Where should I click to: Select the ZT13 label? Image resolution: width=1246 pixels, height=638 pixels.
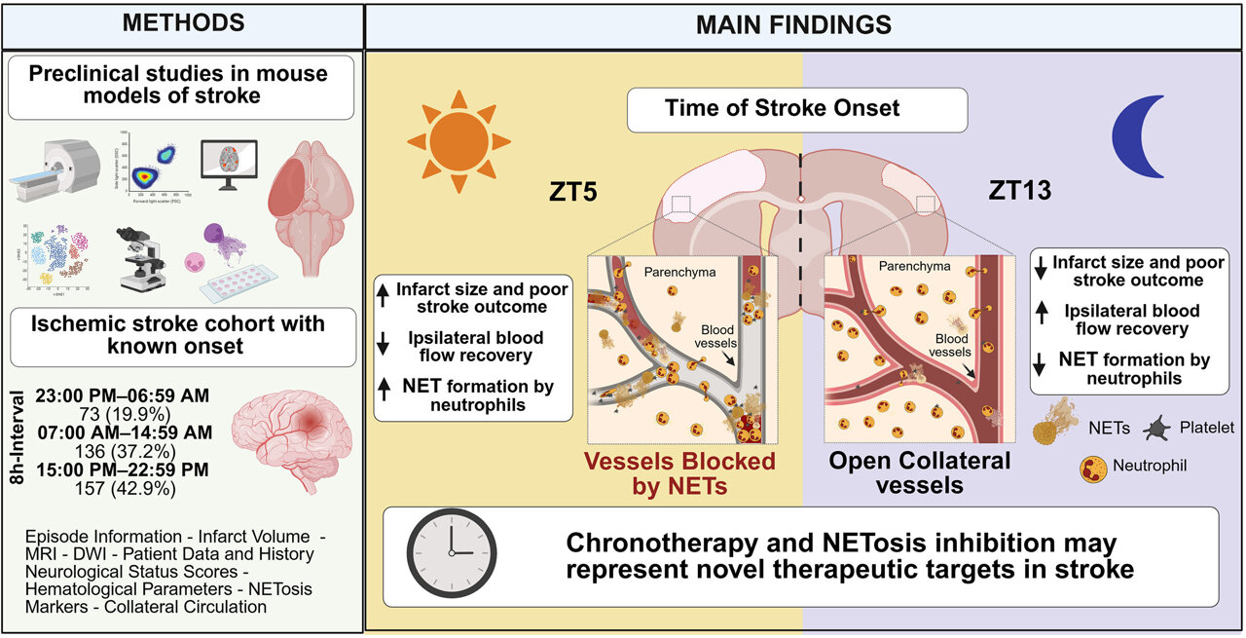pos(1019,190)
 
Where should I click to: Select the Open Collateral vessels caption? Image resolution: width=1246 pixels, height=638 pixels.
pos(919,472)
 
